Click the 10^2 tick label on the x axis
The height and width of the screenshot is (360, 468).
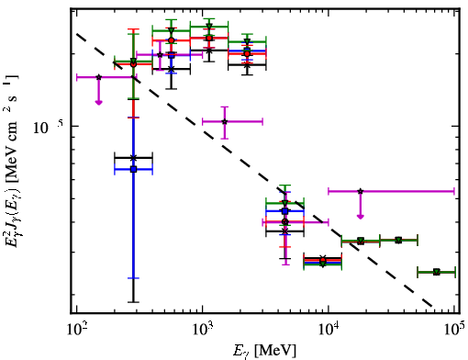pyautogui.click(x=77, y=330)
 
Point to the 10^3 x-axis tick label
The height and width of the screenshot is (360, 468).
pyautogui.click(x=203, y=330)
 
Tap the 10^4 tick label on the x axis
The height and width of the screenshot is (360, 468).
pyautogui.click(x=329, y=330)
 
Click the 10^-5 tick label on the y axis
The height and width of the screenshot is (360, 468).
pyautogui.click(x=48, y=127)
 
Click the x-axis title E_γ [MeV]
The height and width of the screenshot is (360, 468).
pyautogui.click(x=264, y=351)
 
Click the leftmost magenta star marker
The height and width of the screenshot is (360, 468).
pyautogui.click(x=98, y=77)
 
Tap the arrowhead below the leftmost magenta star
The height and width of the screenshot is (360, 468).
pyautogui.click(x=98, y=102)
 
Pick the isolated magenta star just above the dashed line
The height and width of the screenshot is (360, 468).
pyautogui.click(x=225, y=121)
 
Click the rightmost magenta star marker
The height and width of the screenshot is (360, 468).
pyautogui.click(x=361, y=191)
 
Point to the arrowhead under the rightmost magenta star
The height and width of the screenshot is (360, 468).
pyautogui.click(x=361, y=217)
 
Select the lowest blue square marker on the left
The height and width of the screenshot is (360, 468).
pyautogui.click(x=133, y=169)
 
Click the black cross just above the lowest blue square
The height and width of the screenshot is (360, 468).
pyautogui.click(x=133, y=158)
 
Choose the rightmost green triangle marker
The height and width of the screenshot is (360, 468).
pyautogui.click(x=437, y=272)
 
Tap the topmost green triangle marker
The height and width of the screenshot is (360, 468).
pyautogui.click(x=209, y=27)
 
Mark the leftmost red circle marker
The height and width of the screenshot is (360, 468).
pyautogui.click(x=133, y=64)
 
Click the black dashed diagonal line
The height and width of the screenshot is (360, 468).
pyautogui.click(x=254, y=169)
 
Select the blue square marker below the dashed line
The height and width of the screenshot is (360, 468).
pyautogui.click(x=285, y=211)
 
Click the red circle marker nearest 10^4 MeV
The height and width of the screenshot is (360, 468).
pyautogui.click(x=323, y=261)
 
